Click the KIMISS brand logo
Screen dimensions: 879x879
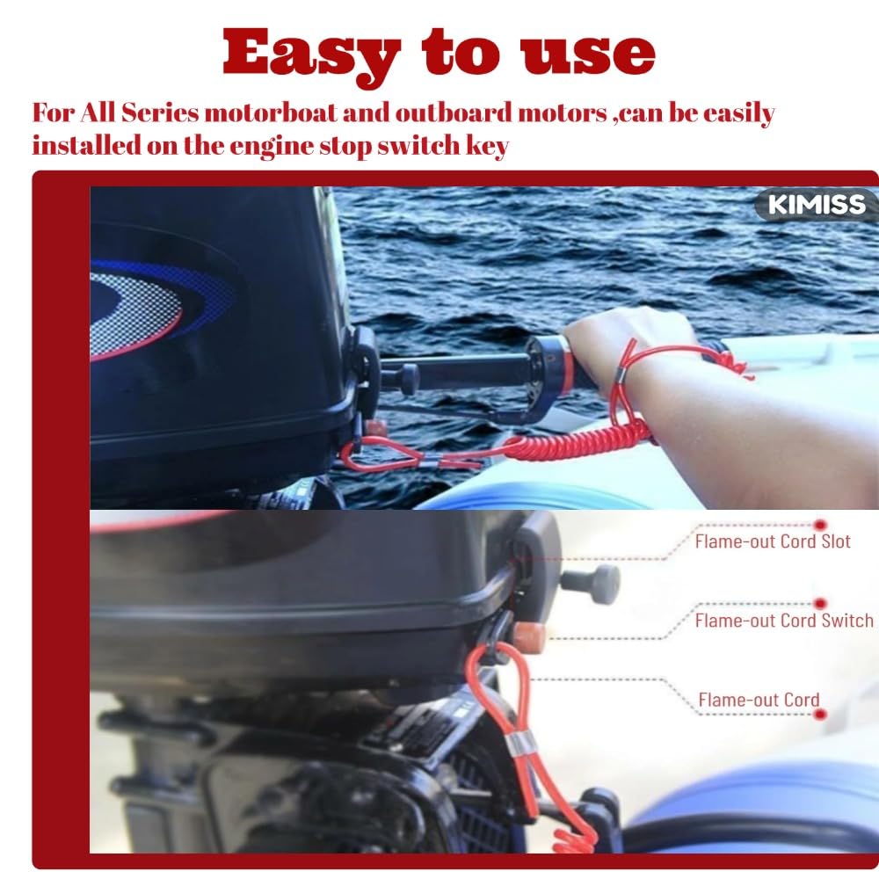(x=817, y=204)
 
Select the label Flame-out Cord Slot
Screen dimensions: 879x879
(x=773, y=541)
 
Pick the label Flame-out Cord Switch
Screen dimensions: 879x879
(x=784, y=621)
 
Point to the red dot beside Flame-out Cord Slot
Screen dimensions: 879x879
(x=820, y=526)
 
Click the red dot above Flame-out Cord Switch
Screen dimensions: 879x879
(x=820, y=604)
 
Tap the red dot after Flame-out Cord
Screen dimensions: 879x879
(x=820, y=714)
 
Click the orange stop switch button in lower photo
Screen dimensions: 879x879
(x=528, y=637)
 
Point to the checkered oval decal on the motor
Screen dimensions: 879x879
(x=134, y=315)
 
